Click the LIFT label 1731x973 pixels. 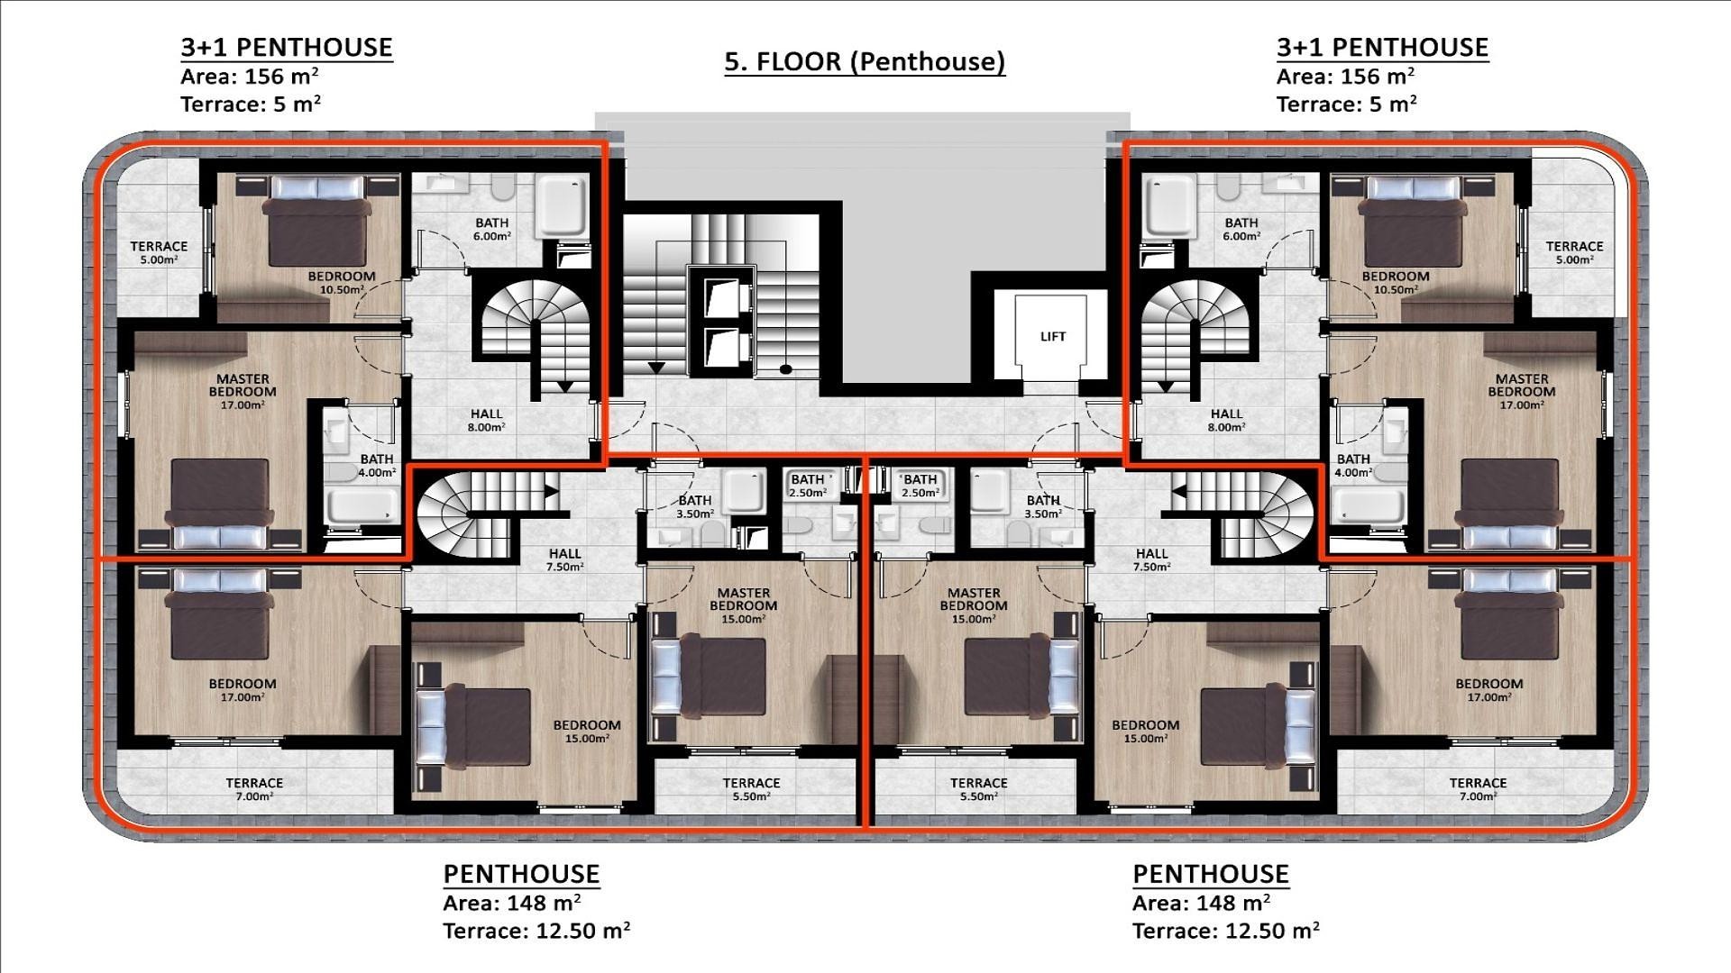click(1052, 337)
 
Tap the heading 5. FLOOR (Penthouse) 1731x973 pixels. click(865, 61)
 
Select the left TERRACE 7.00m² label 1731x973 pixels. click(254, 789)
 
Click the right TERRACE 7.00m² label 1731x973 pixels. click(1478, 789)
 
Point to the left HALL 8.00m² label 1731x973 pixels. click(486, 421)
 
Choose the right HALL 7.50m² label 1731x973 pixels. click(1151, 559)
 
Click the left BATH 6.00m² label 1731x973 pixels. click(492, 229)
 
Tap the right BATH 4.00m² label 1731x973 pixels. click(1353, 465)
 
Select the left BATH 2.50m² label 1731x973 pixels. click(808, 486)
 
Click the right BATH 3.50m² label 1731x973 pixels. click(1043, 506)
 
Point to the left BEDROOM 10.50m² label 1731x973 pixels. click(342, 283)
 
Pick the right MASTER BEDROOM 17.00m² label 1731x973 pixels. click(1522, 392)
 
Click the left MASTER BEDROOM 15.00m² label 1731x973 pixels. click(744, 605)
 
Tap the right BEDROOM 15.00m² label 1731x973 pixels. click(1145, 731)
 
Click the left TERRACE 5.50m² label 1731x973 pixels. click(751, 789)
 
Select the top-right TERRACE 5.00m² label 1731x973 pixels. click(1574, 252)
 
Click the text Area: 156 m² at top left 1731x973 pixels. click(250, 77)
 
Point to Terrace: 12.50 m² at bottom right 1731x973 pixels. click(1226, 931)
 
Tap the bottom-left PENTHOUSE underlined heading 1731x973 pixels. click(521, 874)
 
